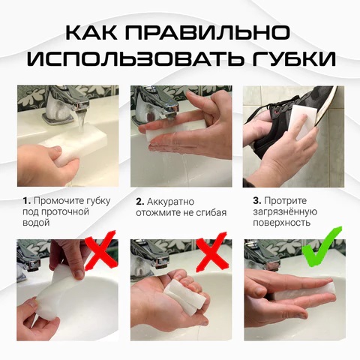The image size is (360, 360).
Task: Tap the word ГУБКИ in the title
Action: (x=289, y=60)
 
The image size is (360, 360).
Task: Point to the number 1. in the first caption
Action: (x=26, y=201)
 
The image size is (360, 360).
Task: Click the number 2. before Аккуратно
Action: (x=140, y=201)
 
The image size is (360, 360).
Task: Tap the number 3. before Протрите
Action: (x=256, y=201)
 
